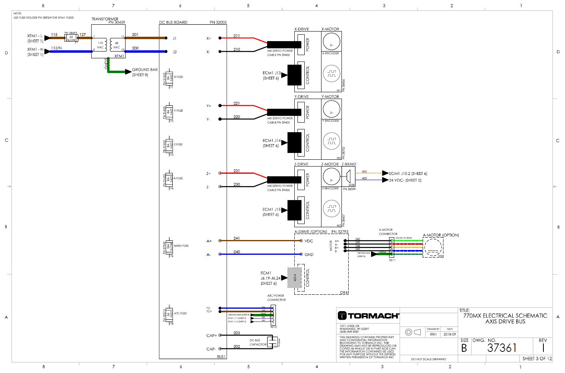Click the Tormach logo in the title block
(368, 316)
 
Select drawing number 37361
(502, 348)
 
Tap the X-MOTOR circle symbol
(331, 41)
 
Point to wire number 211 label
(237, 36)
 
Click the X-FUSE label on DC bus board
(178, 77)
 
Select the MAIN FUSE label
(181, 246)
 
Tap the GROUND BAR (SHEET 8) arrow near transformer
(128, 72)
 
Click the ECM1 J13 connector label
(272, 73)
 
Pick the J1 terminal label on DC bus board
(175, 38)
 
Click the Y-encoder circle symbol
(331, 141)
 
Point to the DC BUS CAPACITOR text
(258, 343)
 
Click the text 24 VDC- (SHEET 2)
(405, 180)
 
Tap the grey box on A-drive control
(295, 278)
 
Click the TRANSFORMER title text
(105, 19)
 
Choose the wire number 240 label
(237, 252)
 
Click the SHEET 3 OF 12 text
(537, 359)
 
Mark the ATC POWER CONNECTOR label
(276, 298)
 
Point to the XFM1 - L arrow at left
(48, 38)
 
